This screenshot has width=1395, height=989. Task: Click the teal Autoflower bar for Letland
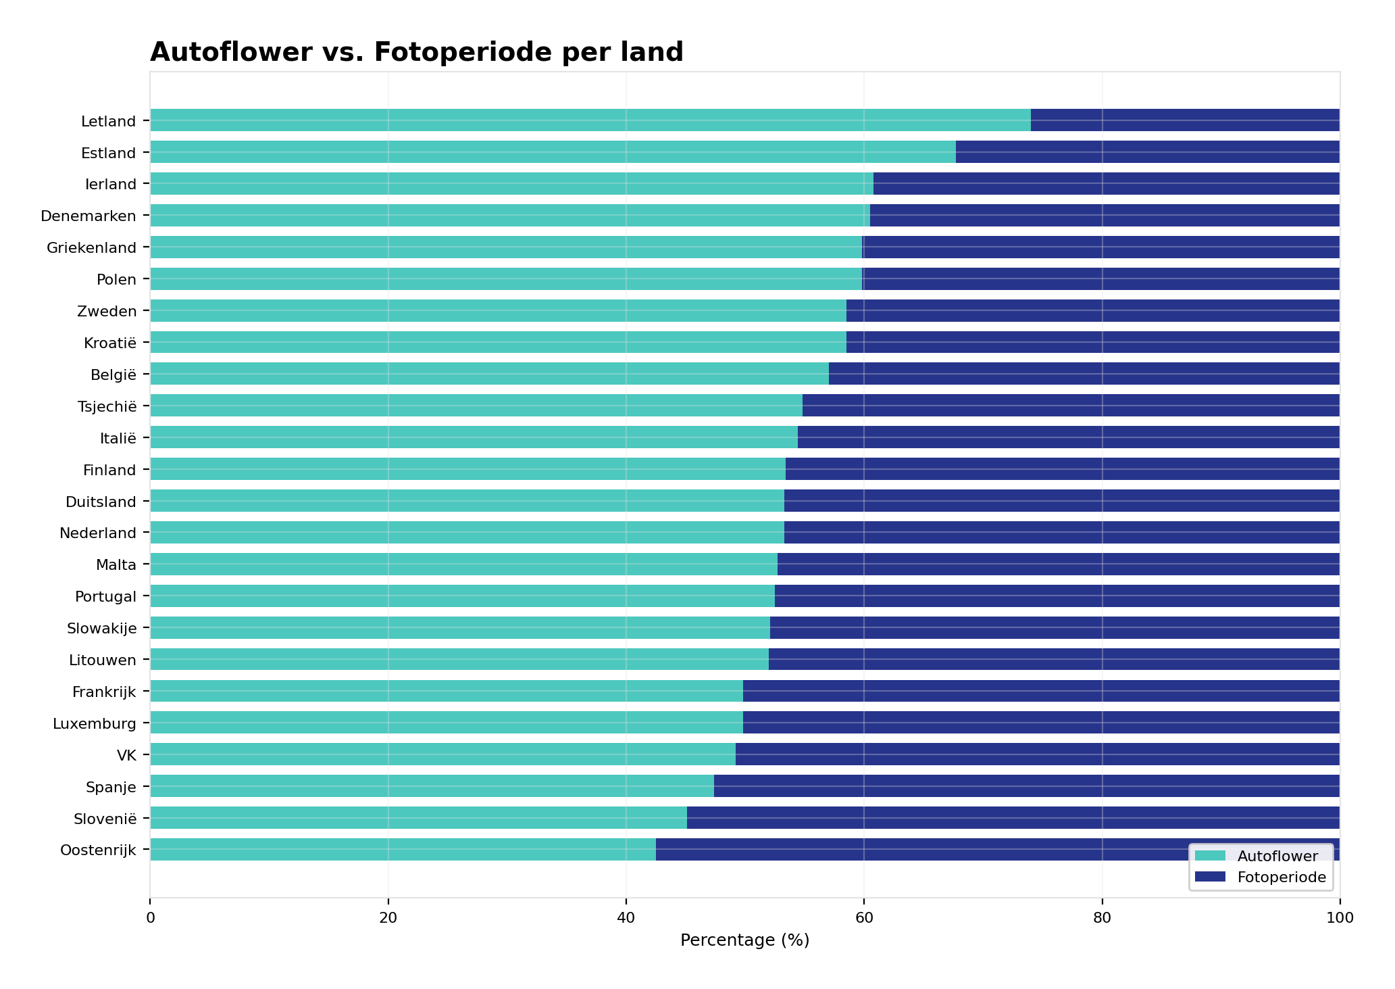pyautogui.click(x=590, y=120)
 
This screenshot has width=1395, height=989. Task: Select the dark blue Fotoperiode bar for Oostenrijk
pyautogui.click(x=919, y=850)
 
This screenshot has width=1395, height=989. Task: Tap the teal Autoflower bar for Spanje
pyautogui.click(x=432, y=786)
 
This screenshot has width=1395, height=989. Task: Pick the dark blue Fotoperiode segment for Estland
pyautogui.click(x=1147, y=152)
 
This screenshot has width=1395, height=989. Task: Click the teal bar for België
pyautogui.click(x=489, y=374)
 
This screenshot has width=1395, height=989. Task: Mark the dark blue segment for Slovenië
pyautogui.click(x=1013, y=818)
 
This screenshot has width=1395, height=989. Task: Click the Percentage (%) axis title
pyautogui.click(x=744, y=940)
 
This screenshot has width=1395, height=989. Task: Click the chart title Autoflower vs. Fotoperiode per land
pyautogui.click(x=416, y=52)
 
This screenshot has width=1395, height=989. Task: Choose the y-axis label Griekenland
pyautogui.click(x=91, y=248)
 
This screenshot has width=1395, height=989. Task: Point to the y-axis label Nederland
pyautogui.click(x=97, y=533)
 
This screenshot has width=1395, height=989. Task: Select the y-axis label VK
pyautogui.click(x=126, y=755)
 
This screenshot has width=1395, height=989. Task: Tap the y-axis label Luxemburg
pyautogui.click(x=94, y=724)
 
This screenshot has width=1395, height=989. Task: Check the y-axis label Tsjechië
pyautogui.click(x=107, y=406)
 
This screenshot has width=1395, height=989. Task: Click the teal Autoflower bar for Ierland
pyautogui.click(x=511, y=184)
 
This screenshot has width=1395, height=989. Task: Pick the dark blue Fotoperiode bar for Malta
pyautogui.click(x=1058, y=564)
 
